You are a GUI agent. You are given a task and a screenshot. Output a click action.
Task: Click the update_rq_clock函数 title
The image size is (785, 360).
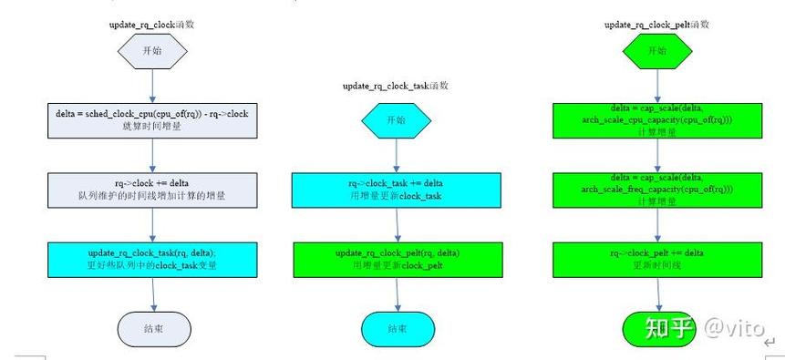[x=152, y=24]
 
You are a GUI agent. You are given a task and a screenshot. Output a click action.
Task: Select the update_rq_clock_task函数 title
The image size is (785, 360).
[x=395, y=86]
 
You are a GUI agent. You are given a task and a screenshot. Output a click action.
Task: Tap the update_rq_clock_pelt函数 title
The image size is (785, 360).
[x=656, y=25]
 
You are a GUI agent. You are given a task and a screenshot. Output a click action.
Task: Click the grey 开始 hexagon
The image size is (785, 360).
[x=152, y=51]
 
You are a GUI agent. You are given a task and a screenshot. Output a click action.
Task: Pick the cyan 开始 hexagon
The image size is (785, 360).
[x=396, y=119]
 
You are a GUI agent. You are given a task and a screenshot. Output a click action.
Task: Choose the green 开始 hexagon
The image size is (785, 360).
[x=656, y=51]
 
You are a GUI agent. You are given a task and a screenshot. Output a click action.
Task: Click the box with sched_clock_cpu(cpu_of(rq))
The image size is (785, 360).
[x=152, y=119]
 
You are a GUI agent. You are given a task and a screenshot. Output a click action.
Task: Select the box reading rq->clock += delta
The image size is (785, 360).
[x=152, y=189]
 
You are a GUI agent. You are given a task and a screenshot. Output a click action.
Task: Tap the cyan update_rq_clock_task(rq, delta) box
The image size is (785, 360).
[x=152, y=258]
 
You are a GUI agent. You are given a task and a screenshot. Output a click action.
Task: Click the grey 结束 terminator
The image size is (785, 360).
[x=153, y=328]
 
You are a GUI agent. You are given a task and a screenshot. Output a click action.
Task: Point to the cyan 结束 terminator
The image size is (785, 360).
[x=397, y=328]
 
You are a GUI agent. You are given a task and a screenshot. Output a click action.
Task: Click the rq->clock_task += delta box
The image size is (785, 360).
[x=396, y=189]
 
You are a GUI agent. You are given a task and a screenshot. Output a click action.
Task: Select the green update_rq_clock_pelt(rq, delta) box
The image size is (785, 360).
[x=396, y=258]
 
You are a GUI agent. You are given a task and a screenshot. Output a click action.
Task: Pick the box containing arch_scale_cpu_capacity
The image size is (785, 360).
[x=657, y=119]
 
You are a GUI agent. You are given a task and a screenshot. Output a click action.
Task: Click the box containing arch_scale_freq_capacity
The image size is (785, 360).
[x=657, y=189]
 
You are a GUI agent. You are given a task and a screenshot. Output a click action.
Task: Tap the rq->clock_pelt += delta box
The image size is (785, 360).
[x=657, y=258]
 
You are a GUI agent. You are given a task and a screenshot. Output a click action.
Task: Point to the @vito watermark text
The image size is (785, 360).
[x=733, y=327]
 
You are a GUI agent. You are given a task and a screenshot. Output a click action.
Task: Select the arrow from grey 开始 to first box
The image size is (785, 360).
[x=152, y=87]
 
